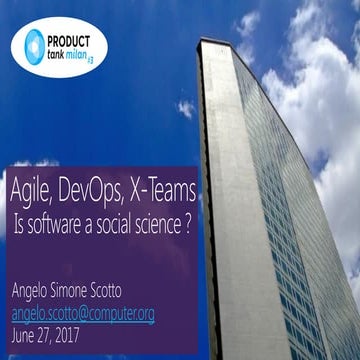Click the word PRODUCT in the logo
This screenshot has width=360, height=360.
pos(78,33)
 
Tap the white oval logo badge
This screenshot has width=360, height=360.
pos(59,43)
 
